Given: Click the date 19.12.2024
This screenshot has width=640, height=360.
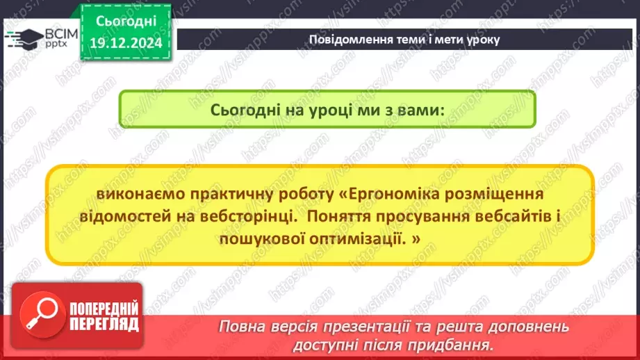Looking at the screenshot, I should pos(125,42).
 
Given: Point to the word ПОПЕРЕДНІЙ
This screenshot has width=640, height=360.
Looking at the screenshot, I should pos(103,309).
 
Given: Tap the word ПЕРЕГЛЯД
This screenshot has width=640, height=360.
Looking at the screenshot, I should pos(103,324).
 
